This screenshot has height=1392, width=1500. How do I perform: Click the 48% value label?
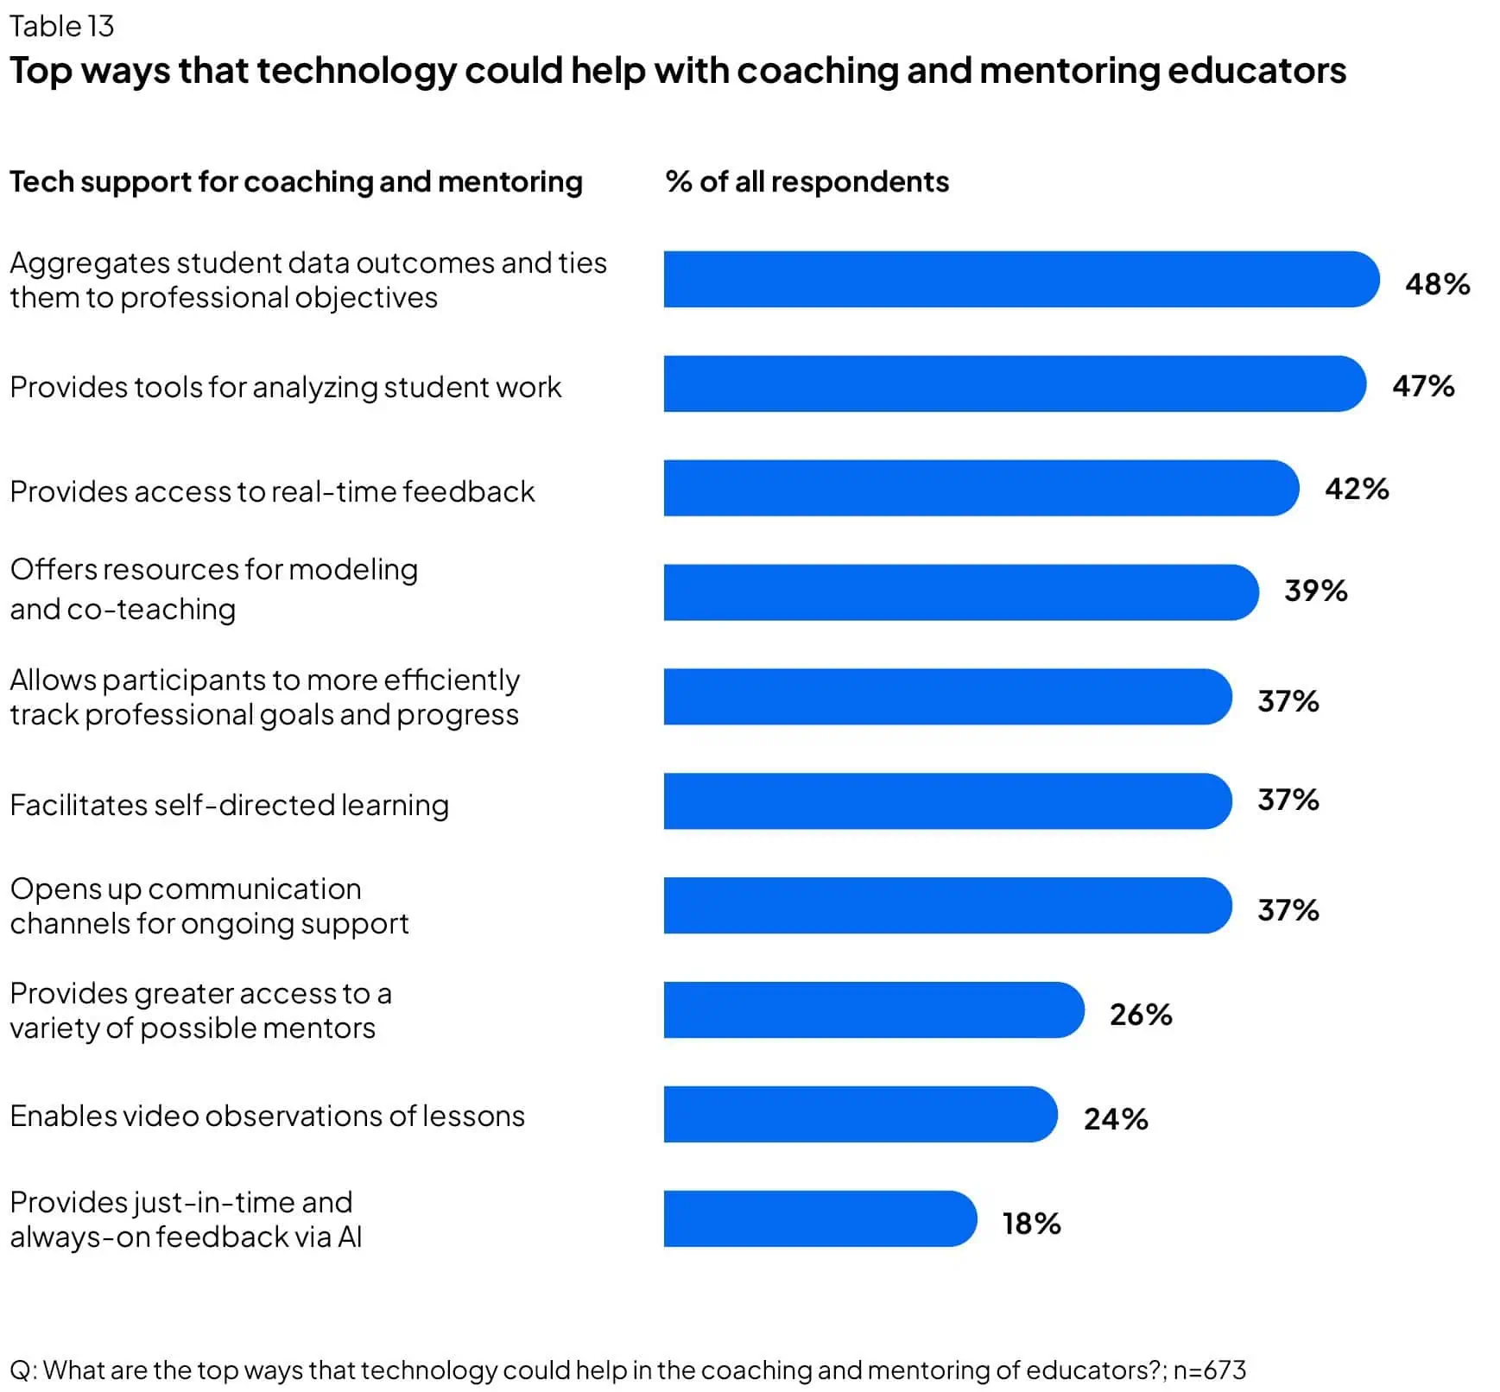(x=1436, y=283)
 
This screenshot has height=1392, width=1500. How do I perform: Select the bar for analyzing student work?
(x=1014, y=383)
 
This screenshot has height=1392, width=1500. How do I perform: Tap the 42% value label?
(x=1356, y=489)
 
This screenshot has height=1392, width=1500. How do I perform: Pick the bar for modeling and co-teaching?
(x=960, y=592)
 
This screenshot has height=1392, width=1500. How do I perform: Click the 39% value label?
(x=1314, y=591)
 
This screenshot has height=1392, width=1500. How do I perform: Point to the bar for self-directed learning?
(x=946, y=800)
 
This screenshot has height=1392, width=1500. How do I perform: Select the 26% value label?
(x=1140, y=1014)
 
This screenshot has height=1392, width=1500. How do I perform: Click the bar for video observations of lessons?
(x=859, y=1114)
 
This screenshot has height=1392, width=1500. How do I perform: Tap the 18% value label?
(x=1030, y=1223)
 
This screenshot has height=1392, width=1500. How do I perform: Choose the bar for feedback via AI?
(x=820, y=1218)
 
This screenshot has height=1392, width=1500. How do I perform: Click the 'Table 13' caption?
(x=61, y=27)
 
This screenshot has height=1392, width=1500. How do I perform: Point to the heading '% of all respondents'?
(x=807, y=181)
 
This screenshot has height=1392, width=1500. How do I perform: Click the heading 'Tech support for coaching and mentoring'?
(x=295, y=181)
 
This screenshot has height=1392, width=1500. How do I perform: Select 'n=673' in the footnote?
(x=1209, y=1370)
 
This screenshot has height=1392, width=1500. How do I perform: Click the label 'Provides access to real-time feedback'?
(x=272, y=491)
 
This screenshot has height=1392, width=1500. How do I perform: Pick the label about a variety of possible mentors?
(x=200, y=1010)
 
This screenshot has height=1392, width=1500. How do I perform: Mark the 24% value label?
(x=1115, y=1118)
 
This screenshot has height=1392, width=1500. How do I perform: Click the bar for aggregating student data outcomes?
(x=1021, y=279)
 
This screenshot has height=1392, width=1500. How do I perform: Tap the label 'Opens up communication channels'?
(x=209, y=906)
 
